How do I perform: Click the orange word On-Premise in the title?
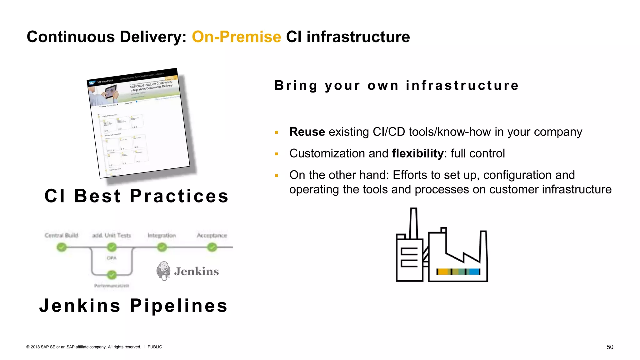[236, 37]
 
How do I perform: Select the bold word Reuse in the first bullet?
[307, 132]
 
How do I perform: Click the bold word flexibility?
[417, 153]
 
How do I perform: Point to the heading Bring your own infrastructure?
[397, 85]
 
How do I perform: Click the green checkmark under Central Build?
[62, 247]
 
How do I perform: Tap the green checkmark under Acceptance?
[212, 247]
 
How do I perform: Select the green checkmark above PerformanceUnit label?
[112, 275]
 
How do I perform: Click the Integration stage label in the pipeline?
[162, 235]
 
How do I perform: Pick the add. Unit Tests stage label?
[112, 235]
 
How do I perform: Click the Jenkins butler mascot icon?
[163, 271]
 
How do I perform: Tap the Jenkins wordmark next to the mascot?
[196, 271]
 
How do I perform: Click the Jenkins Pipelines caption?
[133, 306]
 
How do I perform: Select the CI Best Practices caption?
[137, 196]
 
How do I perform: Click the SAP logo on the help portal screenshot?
[92, 83]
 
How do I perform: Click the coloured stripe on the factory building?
[458, 272]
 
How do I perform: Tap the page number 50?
[610, 347]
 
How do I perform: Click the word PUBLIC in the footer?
[155, 347]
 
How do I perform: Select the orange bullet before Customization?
[277, 154]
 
